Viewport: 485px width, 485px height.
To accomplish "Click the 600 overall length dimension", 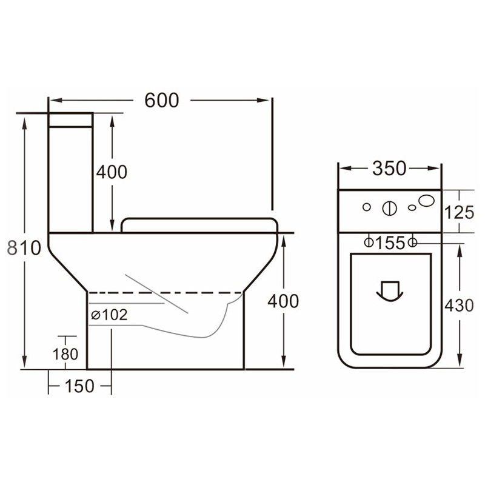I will (162, 100).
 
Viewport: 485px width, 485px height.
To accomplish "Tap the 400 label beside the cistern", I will (112, 172).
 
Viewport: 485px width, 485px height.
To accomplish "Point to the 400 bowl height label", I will (283, 301).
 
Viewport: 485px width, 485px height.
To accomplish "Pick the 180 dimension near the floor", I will (66, 354).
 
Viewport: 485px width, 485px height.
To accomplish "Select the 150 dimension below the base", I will (79, 386).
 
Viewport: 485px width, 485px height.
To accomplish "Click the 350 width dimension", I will (389, 169).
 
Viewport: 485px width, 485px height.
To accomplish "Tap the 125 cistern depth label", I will (458, 213).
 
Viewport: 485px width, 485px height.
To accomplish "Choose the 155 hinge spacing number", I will (390, 243).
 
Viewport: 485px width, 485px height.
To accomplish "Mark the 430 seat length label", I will (458, 306).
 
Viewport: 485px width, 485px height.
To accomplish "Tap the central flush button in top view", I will (389, 208).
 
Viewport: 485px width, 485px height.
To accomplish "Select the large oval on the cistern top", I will (427, 201).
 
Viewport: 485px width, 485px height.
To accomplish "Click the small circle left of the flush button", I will (366, 207).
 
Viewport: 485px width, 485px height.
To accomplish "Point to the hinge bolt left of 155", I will (368, 242).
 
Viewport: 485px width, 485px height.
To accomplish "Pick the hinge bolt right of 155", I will (412, 242).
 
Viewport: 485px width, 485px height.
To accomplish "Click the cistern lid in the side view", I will (71, 119).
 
